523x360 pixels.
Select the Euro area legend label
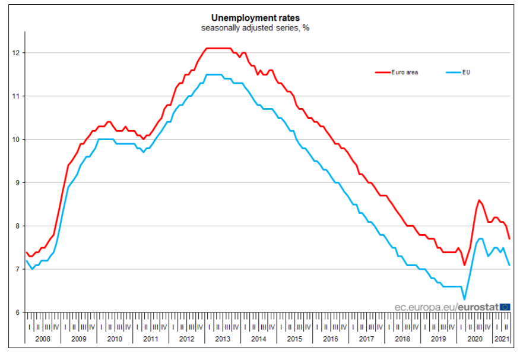405,72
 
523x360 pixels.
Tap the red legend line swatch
382,72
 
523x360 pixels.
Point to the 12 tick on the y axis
17,53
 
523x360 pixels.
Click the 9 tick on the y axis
18,183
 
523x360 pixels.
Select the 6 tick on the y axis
18,312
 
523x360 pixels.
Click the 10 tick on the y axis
17,140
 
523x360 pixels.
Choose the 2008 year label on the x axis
43,339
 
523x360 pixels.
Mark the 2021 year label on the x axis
502,339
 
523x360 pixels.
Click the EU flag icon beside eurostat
505,307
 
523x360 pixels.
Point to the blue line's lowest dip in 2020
464,299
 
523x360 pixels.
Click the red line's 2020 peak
478,200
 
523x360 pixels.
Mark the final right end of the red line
509,238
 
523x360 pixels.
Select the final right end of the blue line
509,265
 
